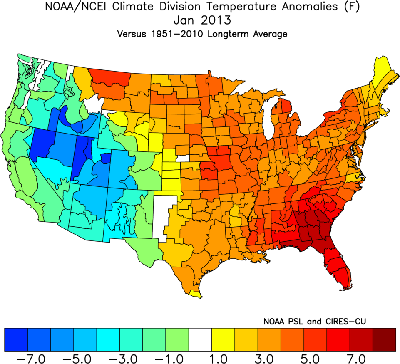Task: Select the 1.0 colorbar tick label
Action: coord(223,357)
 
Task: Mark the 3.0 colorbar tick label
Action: coord(269,357)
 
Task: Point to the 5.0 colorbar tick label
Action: coord(315,357)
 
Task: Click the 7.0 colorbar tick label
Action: coord(361,357)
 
